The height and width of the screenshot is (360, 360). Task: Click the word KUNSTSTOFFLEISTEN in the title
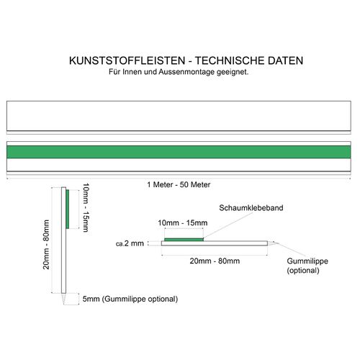[x=127, y=60]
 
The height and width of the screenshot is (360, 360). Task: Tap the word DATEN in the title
[x=285, y=60]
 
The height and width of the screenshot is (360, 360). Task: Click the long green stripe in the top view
[x=179, y=152]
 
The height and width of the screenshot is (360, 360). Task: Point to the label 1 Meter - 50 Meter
[x=179, y=184]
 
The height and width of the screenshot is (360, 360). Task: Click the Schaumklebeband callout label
[x=251, y=208]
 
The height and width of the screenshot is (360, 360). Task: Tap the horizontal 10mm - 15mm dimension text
[x=183, y=222]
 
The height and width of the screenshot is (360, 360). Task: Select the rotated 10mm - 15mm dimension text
[x=86, y=207]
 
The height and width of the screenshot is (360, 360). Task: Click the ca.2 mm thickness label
[x=130, y=243]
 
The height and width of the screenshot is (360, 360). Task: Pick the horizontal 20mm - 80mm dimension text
[x=215, y=261]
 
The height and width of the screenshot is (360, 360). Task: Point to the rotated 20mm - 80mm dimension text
[x=46, y=244]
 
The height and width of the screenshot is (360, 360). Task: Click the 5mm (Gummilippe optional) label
[x=130, y=299]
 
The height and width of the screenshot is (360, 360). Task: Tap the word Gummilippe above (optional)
[x=307, y=261]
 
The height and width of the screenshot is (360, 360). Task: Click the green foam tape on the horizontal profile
[x=184, y=239]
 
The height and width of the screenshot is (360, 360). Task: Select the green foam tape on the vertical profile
[x=68, y=209]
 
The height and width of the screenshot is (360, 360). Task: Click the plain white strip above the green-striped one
[x=179, y=116]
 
